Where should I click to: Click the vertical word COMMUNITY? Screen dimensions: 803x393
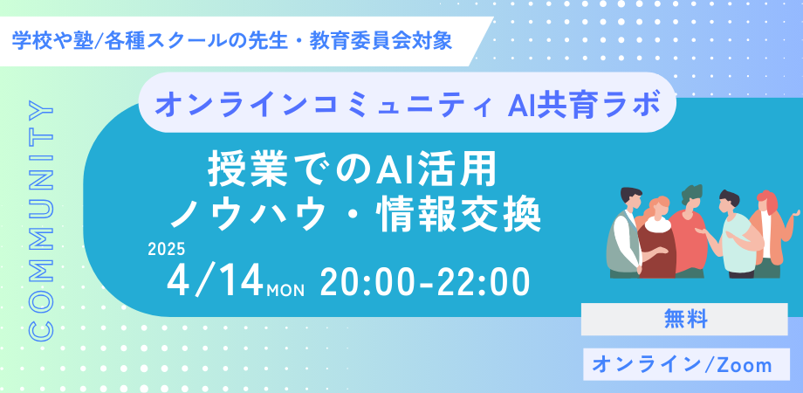pyautogui.click(x=41, y=221)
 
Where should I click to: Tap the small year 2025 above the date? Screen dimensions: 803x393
pyautogui.click(x=166, y=250)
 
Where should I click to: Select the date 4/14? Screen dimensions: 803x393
pyautogui.click(x=214, y=282)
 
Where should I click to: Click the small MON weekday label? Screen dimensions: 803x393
pyautogui.click(x=285, y=291)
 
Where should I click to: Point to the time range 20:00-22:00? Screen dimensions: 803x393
pyautogui.click(x=424, y=282)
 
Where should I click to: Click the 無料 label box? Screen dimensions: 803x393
pyautogui.click(x=684, y=320)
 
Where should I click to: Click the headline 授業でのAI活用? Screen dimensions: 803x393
pyautogui.click(x=353, y=172)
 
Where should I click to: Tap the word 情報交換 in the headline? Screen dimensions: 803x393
pyautogui.click(x=459, y=215)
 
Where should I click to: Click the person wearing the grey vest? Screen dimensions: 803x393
pyautogui.click(x=624, y=233)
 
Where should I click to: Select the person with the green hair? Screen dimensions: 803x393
pyautogui.click(x=690, y=231)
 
